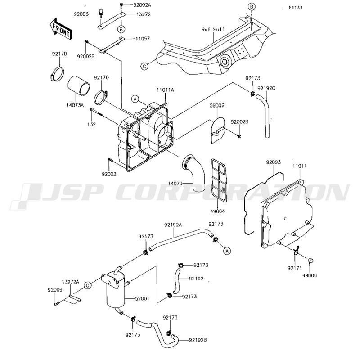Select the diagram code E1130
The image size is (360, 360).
coord(296,8)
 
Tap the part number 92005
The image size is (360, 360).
coord(81,14)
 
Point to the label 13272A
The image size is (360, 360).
coord(70,282)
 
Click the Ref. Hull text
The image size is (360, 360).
coord(213,30)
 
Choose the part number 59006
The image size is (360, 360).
coord(217,106)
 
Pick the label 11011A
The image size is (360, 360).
coord(165,90)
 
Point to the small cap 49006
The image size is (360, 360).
coord(310,261)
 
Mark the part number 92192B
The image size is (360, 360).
coord(198,340)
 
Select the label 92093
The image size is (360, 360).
coord(274,162)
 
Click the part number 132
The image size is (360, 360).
coord(91,125)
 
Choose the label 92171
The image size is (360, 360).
coord(295,268)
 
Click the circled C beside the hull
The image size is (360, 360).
coord(144,66)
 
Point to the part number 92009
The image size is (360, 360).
coord(55,290)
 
